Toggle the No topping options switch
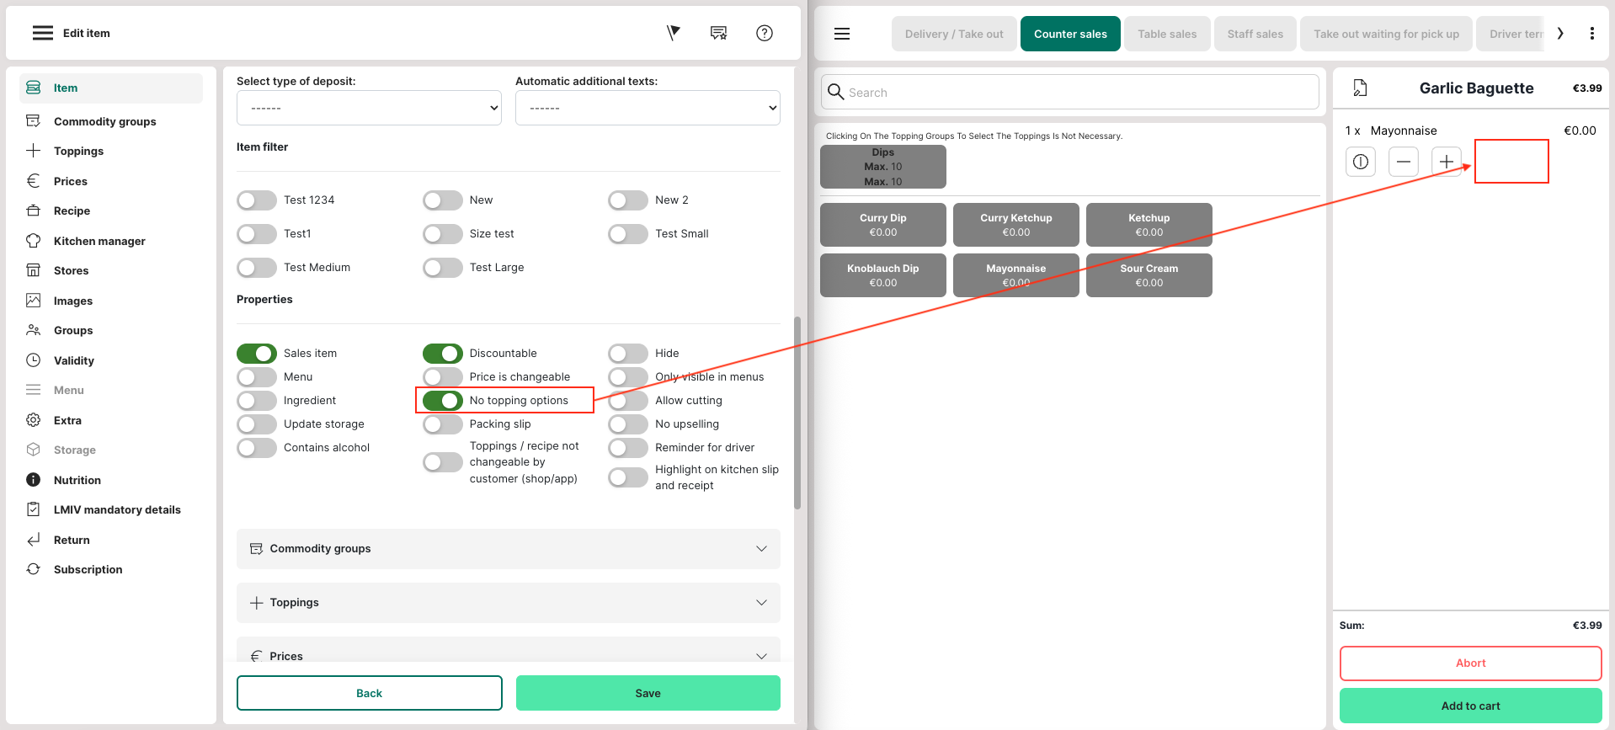click(443, 401)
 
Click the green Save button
click(648, 693)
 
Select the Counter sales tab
click(1070, 34)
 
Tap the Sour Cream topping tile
click(1149, 275)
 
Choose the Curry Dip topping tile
click(882, 225)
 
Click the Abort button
click(1470, 663)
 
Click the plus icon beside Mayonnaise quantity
click(1446, 162)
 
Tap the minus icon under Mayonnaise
click(1403, 162)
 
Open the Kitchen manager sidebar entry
click(99, 241)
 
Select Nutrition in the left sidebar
click(77, 480)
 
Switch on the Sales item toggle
click(257, 354)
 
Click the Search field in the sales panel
click(1069, 92)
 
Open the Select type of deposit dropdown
click(369, 108)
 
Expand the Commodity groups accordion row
click(509, 549)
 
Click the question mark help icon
click(765, 33)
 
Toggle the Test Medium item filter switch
click(257, 268)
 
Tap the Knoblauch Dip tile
click(882, 275)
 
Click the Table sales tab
click(1167, 34)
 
